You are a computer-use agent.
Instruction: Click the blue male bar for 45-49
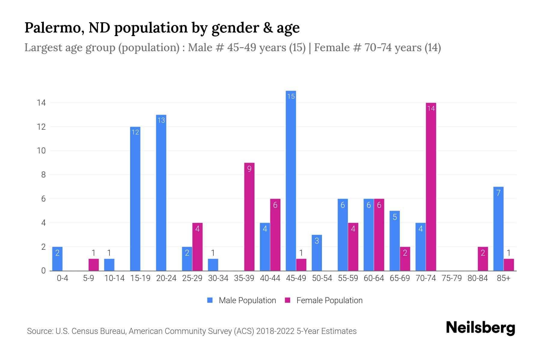coord(291,180)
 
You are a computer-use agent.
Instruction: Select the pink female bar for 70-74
coord(431,187)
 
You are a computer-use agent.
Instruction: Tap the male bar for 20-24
coord(161,193)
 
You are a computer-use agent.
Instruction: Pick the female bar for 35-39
coord(249,217)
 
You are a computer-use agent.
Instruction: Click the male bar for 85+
coord(498,229)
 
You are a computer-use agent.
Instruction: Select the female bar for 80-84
coord(483,259)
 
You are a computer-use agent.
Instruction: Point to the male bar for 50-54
coord(317,253)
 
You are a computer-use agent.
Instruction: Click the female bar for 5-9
coord(93,265)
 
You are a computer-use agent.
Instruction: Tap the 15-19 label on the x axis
coord(140,278)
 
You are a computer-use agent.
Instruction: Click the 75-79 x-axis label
coord(451,278)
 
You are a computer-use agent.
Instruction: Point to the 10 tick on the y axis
coord(41,151)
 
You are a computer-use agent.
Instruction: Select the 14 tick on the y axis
coord(41,103)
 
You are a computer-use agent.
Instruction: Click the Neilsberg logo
coord(480,328)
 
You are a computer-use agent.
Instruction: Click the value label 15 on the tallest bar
coord(291,96)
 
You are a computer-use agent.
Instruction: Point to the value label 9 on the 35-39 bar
coord(249,169)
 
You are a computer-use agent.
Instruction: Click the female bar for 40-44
coord(275,235)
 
